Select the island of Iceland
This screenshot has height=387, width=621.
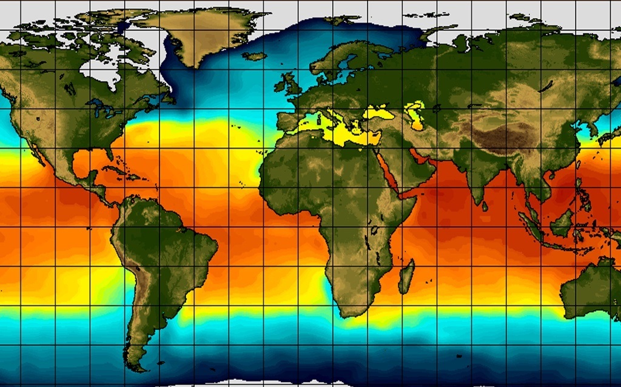click(255, 56)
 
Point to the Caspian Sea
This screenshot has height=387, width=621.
click(417, 115)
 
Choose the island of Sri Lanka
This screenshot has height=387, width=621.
click(485, 206)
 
